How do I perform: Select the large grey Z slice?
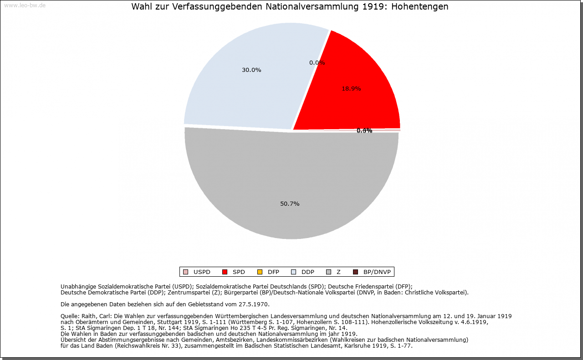tap(291, 182)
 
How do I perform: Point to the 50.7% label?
tap(290, 204)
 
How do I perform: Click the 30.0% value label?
tap(251, 70)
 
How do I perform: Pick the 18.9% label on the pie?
tap(351, 89)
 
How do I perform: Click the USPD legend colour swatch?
tap(185, 272)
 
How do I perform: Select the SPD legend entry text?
tap(239, 272)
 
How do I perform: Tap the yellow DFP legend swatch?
tap(260, 272)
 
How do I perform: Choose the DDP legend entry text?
tap(308, 272)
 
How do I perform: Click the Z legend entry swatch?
tap(328, 272)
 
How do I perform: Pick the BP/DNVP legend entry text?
tap(377, 272)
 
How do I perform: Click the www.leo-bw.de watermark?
tap(25, 5)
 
